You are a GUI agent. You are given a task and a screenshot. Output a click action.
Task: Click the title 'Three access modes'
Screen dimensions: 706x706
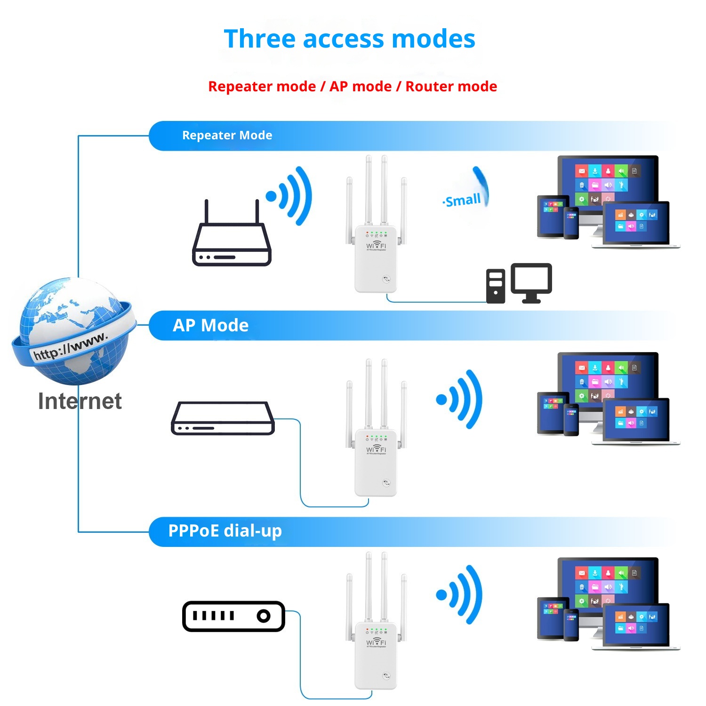tap(349, 39)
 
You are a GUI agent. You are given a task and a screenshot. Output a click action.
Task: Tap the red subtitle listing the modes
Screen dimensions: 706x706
tap(353, 87)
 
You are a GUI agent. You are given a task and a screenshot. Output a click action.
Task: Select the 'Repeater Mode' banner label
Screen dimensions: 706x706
tap(227, 136)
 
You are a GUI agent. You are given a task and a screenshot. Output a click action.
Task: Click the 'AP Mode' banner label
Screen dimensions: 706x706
tap(210, 325)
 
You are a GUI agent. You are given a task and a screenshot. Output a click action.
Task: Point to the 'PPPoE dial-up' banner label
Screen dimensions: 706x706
tap(225, 531)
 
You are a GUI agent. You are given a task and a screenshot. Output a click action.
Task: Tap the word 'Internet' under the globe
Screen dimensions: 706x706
tap(80, 401)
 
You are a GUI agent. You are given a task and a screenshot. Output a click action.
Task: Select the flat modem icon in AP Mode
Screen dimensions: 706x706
tap(223, 418)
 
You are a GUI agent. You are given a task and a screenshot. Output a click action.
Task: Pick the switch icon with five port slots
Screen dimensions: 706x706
tap(233, 616)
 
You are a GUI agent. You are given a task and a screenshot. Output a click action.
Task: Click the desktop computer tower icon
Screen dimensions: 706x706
tap(495, 286)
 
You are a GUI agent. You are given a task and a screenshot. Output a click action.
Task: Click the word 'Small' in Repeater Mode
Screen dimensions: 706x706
tap(463, 201)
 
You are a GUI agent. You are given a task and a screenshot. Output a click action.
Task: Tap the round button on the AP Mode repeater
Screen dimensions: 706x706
tap(386, 483)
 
